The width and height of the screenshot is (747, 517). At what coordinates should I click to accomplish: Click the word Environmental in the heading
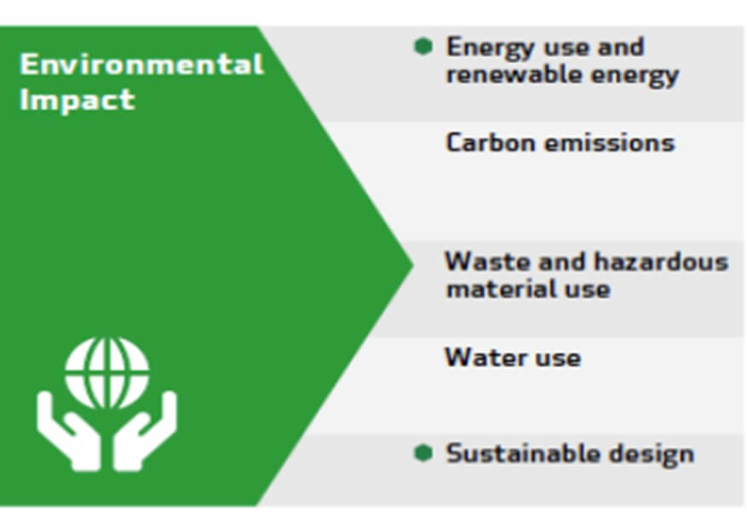tap(141, 65)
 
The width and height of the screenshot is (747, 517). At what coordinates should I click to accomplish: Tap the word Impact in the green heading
tap(77, 100)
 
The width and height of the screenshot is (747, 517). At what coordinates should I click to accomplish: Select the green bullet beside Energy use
tap(422, 46)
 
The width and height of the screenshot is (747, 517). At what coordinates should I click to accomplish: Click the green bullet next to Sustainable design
tap(422, 453)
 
